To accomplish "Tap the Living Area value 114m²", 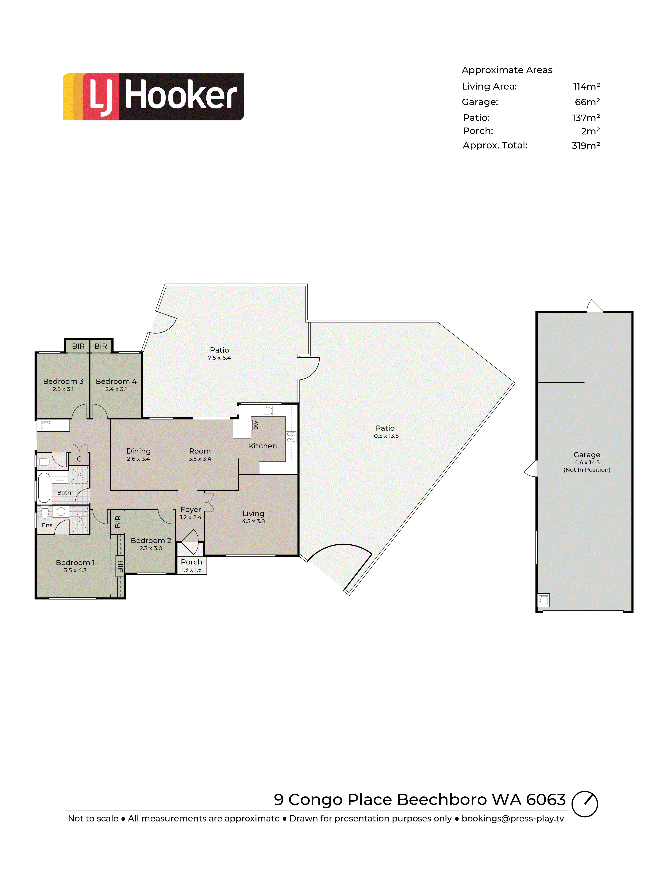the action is pyautogui.click(x=586, y=86).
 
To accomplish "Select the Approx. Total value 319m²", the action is pyautogui.click(x=585, y=145).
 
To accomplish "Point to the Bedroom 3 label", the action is pyautogui.click(x=63, y=381).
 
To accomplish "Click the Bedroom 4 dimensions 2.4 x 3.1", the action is pyautogui.click(x=116, y=389).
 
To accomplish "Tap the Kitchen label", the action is pyautogui.click(x=263, y=446).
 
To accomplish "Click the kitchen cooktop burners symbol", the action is pyautogui.click(x=291, y=437).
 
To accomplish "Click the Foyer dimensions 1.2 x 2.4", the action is pyautogui.click(x=191, y=517).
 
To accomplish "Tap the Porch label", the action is pyautogui.click(x=191, y=562).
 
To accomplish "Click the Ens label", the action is pyautogui.click(x=47, y=525).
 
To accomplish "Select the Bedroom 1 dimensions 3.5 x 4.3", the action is pyautogui.click(x=75, y=570).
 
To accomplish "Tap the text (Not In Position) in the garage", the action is pyautogui.click(x=587, y=470).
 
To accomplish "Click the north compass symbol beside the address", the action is pyautogui.click(x=585, y=804).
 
